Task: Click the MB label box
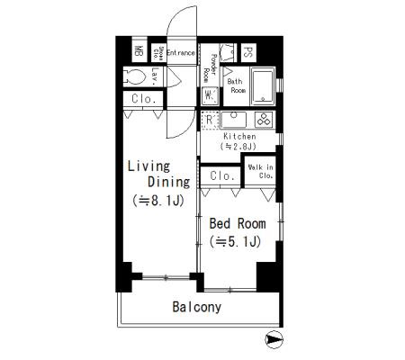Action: [x=139, y=52]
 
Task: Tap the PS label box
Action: [x=248, y=52]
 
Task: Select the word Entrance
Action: [x=180, y=52]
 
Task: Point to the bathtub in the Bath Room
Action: [x=263, y=85]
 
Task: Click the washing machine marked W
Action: [x=208, y=94]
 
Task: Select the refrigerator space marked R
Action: [x=209, y=119]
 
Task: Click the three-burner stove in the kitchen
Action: [x=264, y=119]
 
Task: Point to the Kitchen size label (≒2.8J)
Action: [x=239, y=146]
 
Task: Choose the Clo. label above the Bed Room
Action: [x=222, y=175]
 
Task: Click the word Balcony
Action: [x=196, y=307]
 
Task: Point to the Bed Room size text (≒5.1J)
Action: [x=236, y=241]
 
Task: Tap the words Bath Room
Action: [x=236, y=85]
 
